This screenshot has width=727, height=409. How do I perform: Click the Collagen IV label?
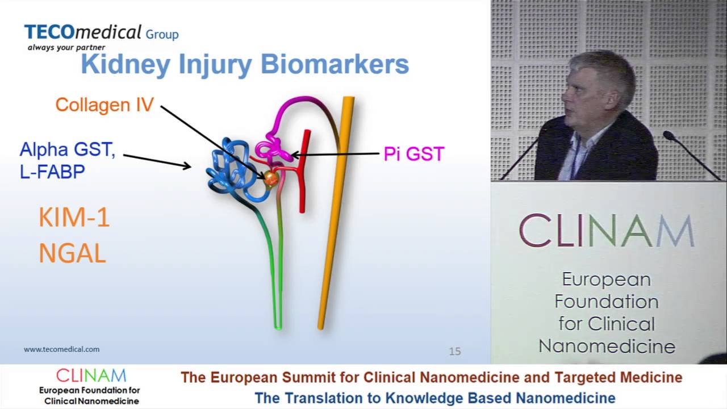(105, 105)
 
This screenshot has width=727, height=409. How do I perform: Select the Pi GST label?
(413, 154)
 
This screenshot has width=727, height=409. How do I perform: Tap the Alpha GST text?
(67, 151)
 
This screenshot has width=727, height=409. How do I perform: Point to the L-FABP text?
(52, 172)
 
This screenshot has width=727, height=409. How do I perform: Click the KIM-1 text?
(74, 218)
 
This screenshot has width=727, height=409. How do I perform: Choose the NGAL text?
(72, 254)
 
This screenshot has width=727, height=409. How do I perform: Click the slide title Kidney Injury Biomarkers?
(245, 65)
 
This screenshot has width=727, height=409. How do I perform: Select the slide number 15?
(454, 352)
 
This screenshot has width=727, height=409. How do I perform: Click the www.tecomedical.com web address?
(61, 349)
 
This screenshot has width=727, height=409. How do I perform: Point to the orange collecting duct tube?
(335, 216)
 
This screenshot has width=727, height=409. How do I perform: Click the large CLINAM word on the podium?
(607, 231)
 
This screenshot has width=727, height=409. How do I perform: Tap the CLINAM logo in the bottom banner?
(91, 376)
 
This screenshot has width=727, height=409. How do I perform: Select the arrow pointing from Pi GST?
(335, 154)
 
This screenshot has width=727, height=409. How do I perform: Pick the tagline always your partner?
(66, 48)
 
